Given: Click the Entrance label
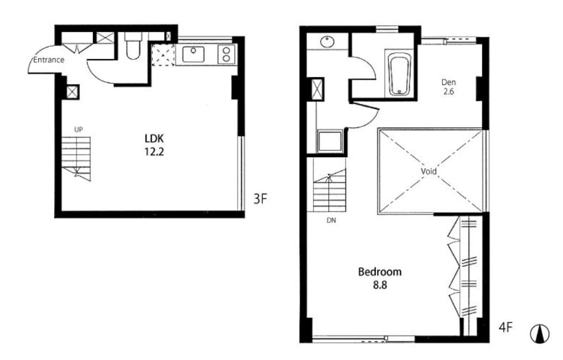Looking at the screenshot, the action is pyautogui.click(x=48, y=59).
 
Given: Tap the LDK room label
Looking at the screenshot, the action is pyautogui.click(x=154, y=139).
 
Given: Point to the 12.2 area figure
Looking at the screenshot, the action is pyautogui.click(x=154, y=152).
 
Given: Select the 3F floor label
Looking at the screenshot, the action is pyautogui.click(x=260, y=199).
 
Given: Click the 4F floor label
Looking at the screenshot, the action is pyautogui.click(x=506, y=327).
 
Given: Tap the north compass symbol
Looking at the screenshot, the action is pyautogui.click(x=540, y=334).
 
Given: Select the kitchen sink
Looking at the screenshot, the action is pyautogui.click(x=193, y=54).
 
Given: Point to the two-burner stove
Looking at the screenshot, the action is pyautogui.click(x=226, y=55).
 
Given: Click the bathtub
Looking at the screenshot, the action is pyautogui.click(x=399, y=74).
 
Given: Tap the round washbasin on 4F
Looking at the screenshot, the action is pyautogui.click(x=327, y=41).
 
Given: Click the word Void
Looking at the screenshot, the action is pyautogui.click(x=429, y=171).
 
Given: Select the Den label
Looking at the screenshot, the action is pyautogui.click(x=448, y=82).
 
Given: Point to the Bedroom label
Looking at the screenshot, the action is pyautogui.click(x=380, y=272).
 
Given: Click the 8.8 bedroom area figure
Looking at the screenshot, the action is pyautogui.click(x=380, y=285).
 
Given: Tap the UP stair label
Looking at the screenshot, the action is pyautogui.click(x=78, y=130).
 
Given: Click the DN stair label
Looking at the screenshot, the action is pyautogui.click(x=331, y=220).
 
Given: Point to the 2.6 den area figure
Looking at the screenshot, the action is pyautogui.click(x=448, y=91).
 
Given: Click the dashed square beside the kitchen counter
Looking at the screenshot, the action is pyautogui.click(x=163, y=55).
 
